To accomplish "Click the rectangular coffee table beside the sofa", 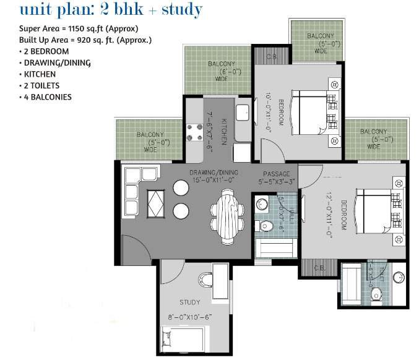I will click(155, 202).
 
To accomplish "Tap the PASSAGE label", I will click(275, 173).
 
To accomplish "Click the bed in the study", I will click(182, 340).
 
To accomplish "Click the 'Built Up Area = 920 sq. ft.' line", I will click(86, 40).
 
